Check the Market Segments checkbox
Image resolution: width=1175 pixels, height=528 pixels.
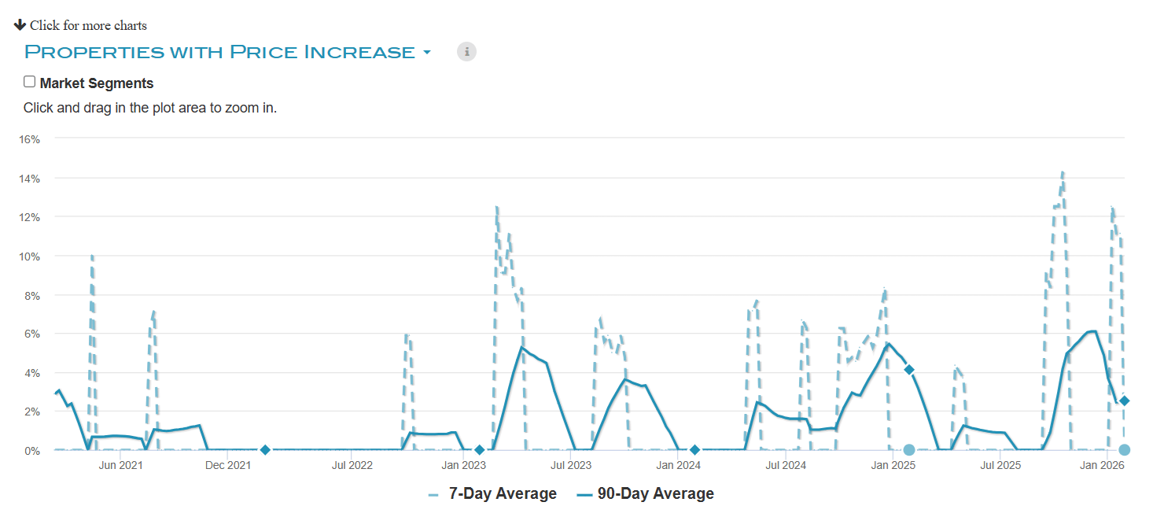coord(30,82)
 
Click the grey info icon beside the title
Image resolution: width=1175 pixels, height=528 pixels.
coord(466,52)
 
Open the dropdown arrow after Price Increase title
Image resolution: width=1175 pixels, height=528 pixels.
coord(427,53)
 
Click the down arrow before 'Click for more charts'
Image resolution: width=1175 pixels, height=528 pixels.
coord(20,25)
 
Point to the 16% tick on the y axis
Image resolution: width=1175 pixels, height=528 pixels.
coord(30,139)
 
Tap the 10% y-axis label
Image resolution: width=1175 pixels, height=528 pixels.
coord(30,256)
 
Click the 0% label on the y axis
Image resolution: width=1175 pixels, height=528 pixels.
coord(32,451)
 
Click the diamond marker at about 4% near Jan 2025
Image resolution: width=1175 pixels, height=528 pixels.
coord(909,370)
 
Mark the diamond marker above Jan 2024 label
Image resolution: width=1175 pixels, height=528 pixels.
coord(694,450)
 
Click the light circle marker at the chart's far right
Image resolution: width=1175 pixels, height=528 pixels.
coord(1125,450)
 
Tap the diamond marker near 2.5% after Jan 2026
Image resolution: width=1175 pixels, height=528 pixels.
coord(1125,401)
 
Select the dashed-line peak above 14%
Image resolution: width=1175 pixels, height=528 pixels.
coord(1063,172)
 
